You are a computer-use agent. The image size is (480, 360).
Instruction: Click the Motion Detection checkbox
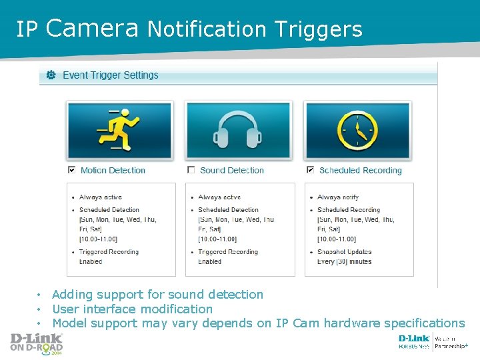[x=71, y=170]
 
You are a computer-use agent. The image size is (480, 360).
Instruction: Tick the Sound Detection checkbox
[x=191, y=170]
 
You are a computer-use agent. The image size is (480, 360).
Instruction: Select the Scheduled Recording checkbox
[x=310, y=170]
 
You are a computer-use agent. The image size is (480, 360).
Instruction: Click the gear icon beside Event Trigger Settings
[x=51, y=75]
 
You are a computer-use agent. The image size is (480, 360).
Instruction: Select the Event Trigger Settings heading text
[x=111, y=75]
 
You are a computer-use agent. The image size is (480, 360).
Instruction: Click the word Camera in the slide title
[x=93, y=28]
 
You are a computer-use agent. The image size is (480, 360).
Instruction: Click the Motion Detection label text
[x=113, y=171]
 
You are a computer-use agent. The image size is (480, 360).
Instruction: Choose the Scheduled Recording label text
[x=361, y=171]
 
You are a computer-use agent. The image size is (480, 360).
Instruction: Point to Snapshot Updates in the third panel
[x=345, y=252]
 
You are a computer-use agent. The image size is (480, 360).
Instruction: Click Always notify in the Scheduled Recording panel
[x=338, y=197]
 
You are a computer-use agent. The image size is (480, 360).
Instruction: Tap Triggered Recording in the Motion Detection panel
[x=109, y=252]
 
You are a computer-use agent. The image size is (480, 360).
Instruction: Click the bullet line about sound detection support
[x=157, y=295]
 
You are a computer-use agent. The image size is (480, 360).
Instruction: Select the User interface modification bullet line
[x=132, y=309]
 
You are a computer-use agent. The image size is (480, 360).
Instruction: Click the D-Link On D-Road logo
[x=36, y=343]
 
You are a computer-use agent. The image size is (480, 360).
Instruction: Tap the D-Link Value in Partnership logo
[x=433, y=342]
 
